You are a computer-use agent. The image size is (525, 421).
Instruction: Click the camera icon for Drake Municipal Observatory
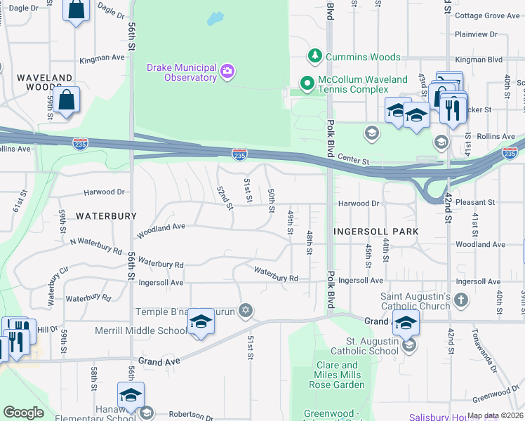coord(227,70)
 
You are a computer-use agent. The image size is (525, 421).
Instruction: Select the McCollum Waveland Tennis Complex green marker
coord(307,83)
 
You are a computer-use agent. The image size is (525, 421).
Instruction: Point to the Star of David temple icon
coord(245,309)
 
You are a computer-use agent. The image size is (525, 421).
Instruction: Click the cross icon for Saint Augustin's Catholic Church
coord(461,300)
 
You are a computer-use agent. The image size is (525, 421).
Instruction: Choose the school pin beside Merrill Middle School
coord(201,321)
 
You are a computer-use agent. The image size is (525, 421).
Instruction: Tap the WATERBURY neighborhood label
coord(106,216)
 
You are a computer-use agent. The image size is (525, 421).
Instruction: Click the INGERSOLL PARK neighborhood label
coord(376,231)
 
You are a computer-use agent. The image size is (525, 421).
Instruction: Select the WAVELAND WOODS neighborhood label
coord(45,82)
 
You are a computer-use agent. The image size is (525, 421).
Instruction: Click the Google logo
coord(23,413)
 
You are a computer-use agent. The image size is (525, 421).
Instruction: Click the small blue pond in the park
coord(215,18)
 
